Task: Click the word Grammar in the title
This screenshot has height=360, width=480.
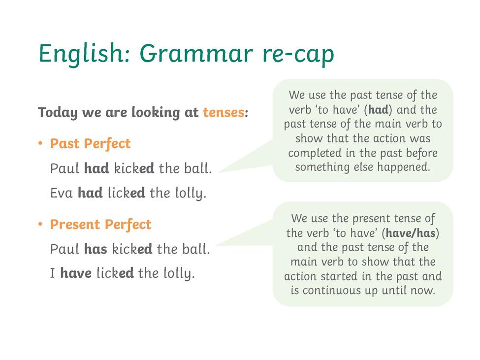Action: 196,54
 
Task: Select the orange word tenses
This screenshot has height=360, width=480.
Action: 224,112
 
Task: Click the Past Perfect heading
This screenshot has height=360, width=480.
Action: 90,144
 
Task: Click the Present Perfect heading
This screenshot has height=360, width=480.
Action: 101,225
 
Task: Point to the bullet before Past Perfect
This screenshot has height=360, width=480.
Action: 40,143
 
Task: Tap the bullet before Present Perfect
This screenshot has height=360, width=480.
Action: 40,224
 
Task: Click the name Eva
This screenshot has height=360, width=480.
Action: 61,193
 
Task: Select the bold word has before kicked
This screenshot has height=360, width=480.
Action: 96,249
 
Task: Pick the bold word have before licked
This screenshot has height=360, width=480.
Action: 76,273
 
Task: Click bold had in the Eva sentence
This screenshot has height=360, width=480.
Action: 90,193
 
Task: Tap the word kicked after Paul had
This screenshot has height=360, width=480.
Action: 134,168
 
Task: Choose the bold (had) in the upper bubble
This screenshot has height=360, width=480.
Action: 378,110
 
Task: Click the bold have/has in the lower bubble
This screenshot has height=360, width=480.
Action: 411,233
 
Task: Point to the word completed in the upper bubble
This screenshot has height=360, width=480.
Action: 315,153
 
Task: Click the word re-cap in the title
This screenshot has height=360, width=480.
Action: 298,55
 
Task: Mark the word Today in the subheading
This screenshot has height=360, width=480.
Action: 58,113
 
